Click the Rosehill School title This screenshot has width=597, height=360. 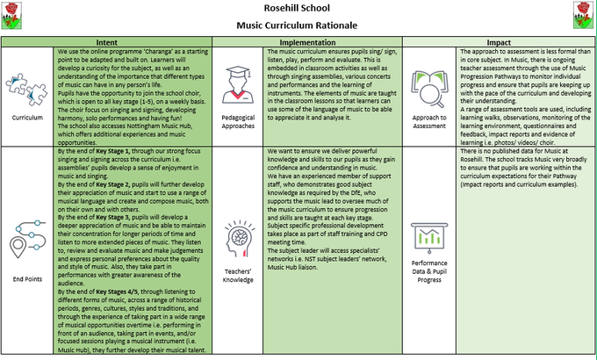pyautogui.click(x=298, y=9)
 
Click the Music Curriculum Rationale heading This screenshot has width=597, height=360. pyautogui.click(x=298, y=25)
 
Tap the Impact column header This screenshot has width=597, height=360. pyautogui.click(x=499, y=42)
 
